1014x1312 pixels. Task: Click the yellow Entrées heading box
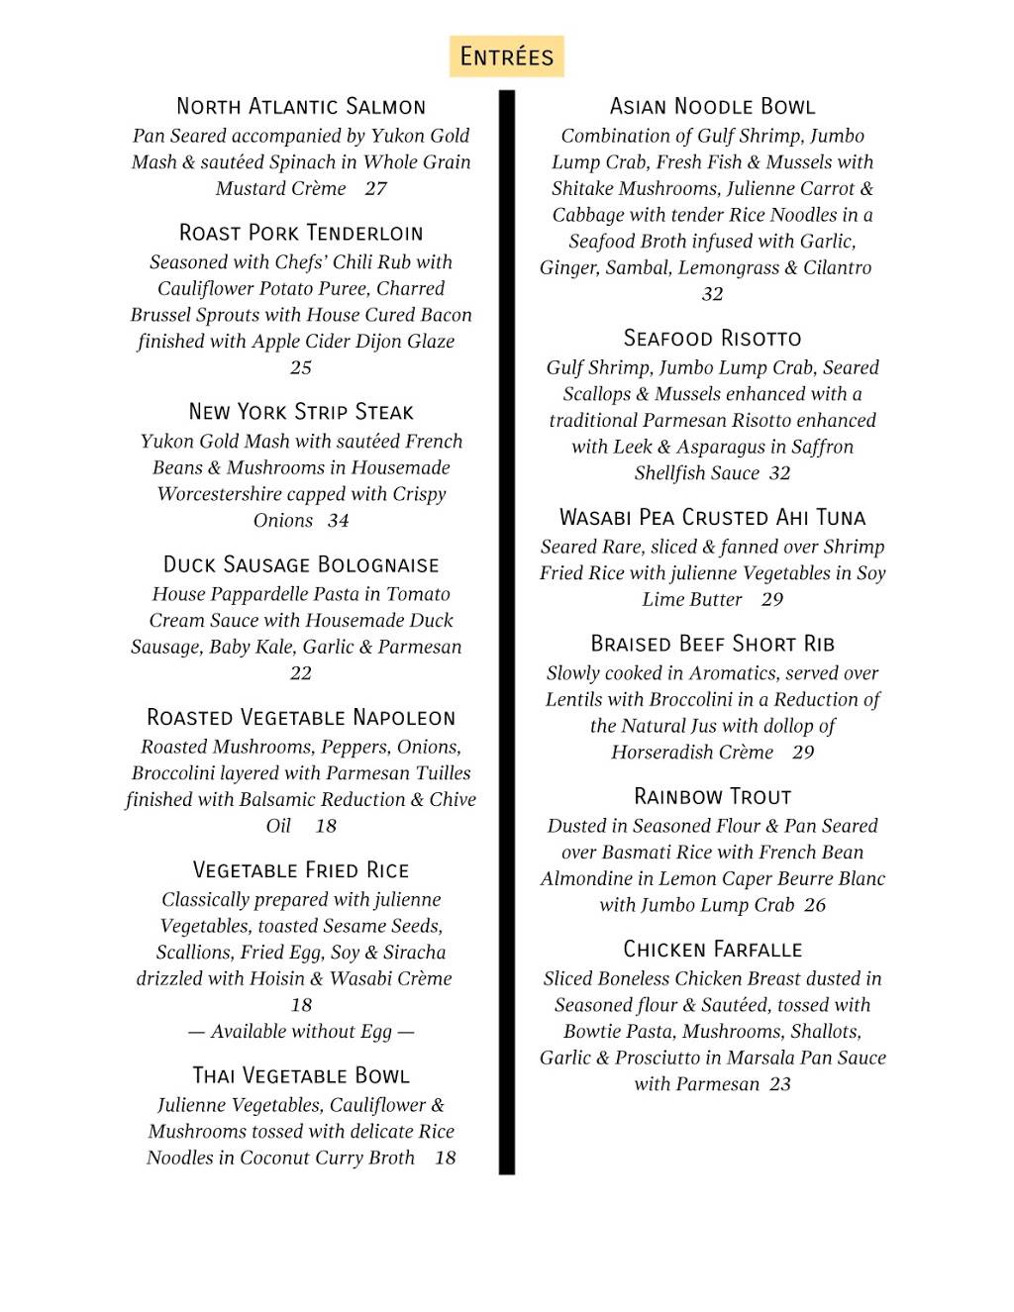click(506, 56)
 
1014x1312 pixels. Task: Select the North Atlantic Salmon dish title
click(301, 106)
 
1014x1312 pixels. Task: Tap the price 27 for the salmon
click(375, 188)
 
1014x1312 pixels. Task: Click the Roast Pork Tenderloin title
click(301, 233)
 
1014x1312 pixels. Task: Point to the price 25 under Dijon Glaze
click(301, 367)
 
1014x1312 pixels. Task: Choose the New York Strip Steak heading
click(301, 412)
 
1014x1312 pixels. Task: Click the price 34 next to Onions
click(339, 520)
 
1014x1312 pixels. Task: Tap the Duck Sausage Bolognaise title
click(301, 564)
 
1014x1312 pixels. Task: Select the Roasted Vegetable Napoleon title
click(301, 717)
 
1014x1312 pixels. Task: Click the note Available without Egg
click(301, 1031)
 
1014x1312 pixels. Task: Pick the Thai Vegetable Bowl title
click(301, 1075)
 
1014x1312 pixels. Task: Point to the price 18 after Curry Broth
click(446, 1158)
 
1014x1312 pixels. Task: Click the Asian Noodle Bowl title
click(712, 106)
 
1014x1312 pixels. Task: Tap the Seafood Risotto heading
click(712, 338)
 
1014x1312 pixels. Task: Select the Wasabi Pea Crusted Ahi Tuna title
click(712, 517)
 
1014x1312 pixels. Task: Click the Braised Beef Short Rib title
click(712, 644)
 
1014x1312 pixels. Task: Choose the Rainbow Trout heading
click(712, 796)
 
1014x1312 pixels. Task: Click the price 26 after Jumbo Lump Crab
click(815, 905)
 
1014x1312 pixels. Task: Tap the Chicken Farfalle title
click(712, 950)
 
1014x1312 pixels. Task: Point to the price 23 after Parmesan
click(780, 1084)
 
